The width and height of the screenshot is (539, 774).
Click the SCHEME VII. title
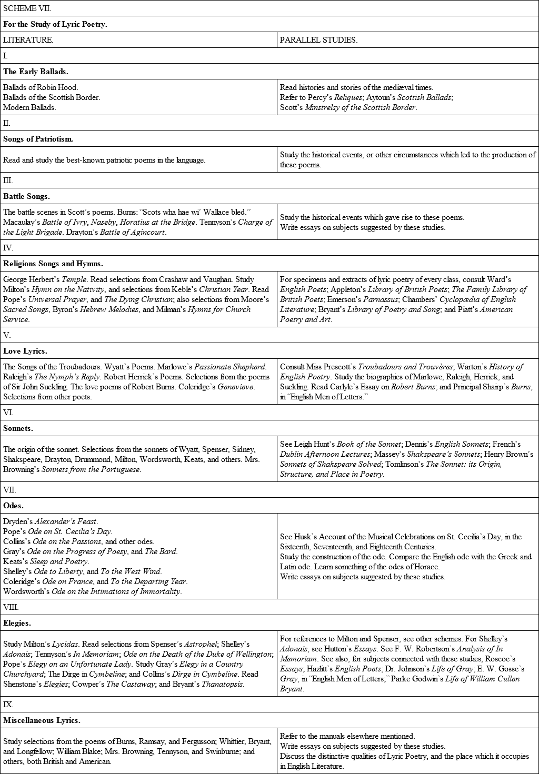pos(27,8)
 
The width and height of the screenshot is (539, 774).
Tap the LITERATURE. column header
pos(28,40)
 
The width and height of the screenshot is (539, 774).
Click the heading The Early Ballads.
pos(36,72)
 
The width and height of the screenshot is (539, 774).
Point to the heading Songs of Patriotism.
pos(38,139)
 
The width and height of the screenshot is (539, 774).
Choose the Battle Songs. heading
pos(26,196)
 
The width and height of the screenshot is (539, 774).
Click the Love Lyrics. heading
pos(25,351)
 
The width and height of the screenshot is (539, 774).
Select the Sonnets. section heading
pos(18,428)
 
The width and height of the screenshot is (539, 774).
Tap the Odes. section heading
pos(14,506)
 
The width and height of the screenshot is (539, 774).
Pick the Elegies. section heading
pos(17,623)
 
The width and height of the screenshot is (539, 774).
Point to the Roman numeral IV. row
pos(8,248)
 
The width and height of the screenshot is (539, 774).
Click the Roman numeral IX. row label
pos(8,705)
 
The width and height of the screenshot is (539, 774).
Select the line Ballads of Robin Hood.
pos(41,87)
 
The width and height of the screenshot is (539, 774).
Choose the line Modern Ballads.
pos(29,107)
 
